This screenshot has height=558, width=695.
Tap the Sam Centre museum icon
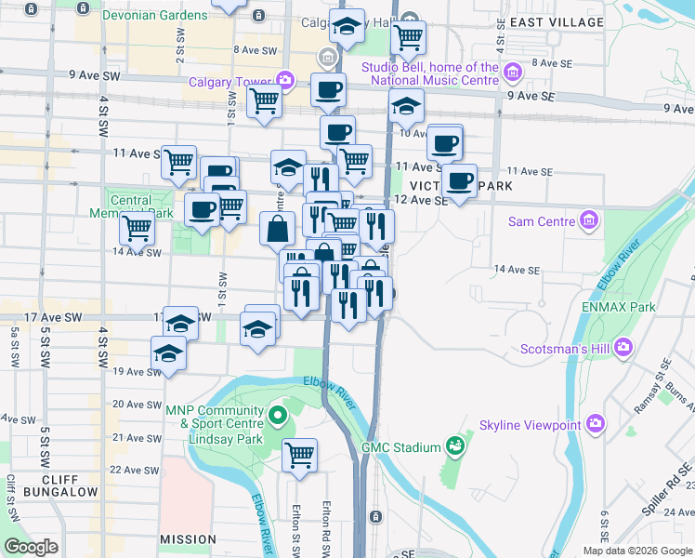(588, 221)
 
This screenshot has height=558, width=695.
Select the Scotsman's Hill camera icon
(623, 347)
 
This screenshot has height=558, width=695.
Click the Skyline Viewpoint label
(530, 426)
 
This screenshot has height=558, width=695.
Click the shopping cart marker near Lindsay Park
(299, 455)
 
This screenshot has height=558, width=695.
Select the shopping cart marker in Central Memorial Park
(138, 226)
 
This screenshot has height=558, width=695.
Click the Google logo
(31, 547)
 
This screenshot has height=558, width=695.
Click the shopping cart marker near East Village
(407, 38)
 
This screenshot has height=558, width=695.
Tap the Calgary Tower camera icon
(285, 81)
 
